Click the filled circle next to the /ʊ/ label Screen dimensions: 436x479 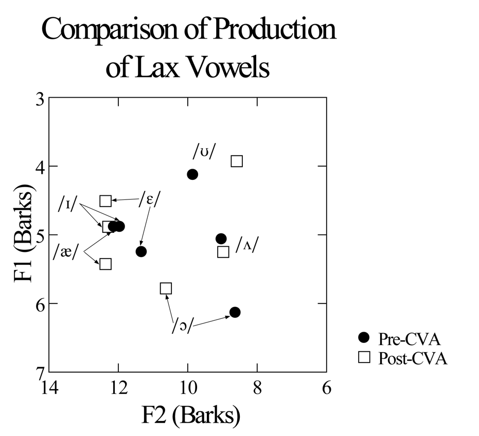[192, 174]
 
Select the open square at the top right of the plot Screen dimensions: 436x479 [237, 161]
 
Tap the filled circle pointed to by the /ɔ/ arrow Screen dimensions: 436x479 [235, 312]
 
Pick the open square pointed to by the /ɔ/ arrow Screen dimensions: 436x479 [166, 288]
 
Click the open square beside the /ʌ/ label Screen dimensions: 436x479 [223, 252]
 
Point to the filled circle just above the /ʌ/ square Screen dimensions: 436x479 [221, 239]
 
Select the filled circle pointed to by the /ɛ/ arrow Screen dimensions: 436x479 [141, 251]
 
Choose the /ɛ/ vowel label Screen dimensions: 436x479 [149, 199]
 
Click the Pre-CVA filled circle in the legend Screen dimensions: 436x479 [364, 337]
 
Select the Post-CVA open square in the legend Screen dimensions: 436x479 [364, 357]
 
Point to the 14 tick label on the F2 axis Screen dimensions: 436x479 [49, 387]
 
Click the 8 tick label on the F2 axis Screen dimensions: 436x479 [257, 387]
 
